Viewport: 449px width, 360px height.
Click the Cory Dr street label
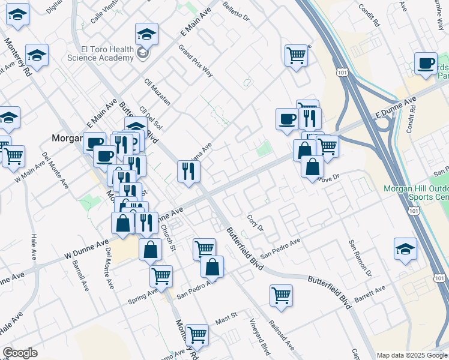point(256,223)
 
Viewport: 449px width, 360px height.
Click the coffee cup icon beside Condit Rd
point(426,64)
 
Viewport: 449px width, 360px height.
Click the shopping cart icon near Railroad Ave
point(280,295)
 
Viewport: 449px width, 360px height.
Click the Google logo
point(20,353)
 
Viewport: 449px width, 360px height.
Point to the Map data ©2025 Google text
point(412,355)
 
